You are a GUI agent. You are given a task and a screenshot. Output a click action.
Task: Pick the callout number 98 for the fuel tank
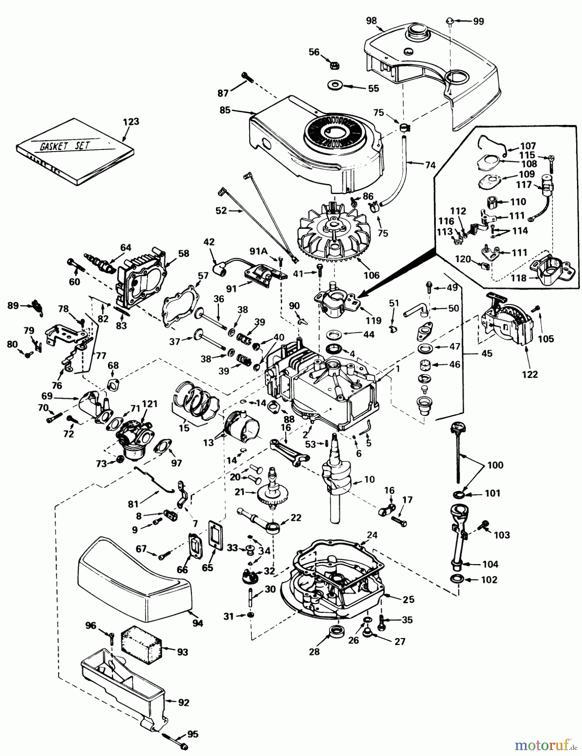pyautogui.click(x=371, y=20)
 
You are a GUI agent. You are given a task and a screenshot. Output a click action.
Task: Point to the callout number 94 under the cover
pyautogui.click(x=197, y=623)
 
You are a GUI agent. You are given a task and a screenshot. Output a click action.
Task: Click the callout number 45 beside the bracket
pyautogui.click(x=487, y=354)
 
